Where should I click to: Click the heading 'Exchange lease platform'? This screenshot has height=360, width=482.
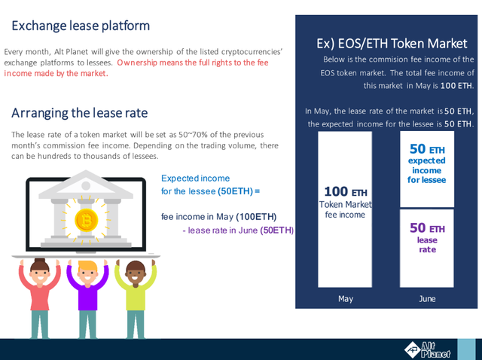point(81,26)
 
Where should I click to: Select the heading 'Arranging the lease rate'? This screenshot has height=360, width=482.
point(80,113)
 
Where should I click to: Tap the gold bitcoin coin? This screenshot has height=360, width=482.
point(87,220)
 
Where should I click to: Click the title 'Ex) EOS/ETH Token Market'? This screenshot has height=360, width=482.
point(392,44)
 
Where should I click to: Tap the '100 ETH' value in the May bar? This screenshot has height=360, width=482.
point(346,191)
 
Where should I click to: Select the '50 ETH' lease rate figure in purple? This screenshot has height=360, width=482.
point(427,228)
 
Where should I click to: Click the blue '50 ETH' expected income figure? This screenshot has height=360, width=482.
point(427,149)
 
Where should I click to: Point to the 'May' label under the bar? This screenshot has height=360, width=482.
point(346,299)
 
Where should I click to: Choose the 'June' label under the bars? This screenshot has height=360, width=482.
point(427,299)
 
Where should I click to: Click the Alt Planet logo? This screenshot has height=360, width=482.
point(427,350)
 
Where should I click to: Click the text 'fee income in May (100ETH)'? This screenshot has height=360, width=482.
point(219,217)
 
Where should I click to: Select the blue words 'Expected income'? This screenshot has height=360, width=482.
point(196,178)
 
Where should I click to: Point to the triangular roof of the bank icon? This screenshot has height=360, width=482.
point(86,185)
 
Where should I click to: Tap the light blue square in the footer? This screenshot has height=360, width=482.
point(466,349)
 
